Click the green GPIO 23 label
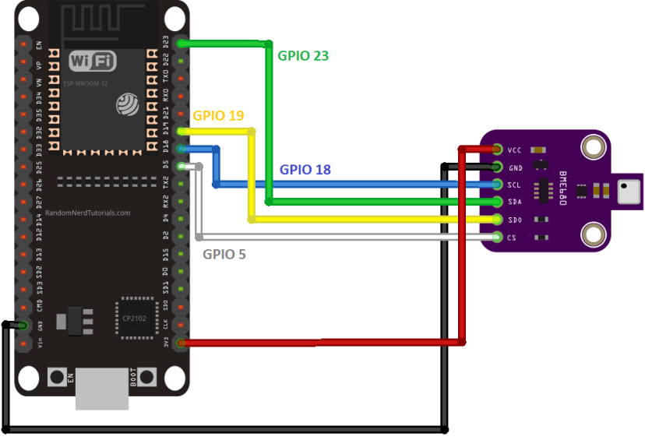[x=303, y=55]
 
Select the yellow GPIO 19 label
[x=218, y=115]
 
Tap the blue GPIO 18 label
[x=305, y=169]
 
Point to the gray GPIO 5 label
[x=224, y=253]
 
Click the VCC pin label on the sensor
[x=514, y=150]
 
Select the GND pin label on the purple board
[x=514, y=167]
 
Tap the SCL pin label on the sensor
[x=514, y=185]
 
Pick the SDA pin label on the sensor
[x=514, y=202]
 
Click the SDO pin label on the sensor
[x=514, y=220]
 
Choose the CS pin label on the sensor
[x=513, y=237]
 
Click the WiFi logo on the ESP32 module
[x=93, y=61]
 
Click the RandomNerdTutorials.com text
[x=87, y=212]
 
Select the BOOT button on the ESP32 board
[x=146, y=377]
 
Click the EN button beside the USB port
[x=58, y=377]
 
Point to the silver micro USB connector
[x=102, y=389]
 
